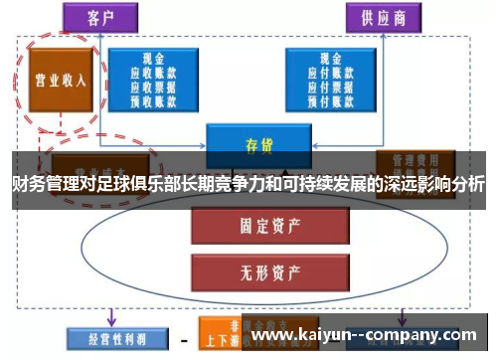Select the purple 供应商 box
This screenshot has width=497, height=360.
382,18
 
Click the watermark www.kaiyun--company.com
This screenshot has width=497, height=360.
369,335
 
